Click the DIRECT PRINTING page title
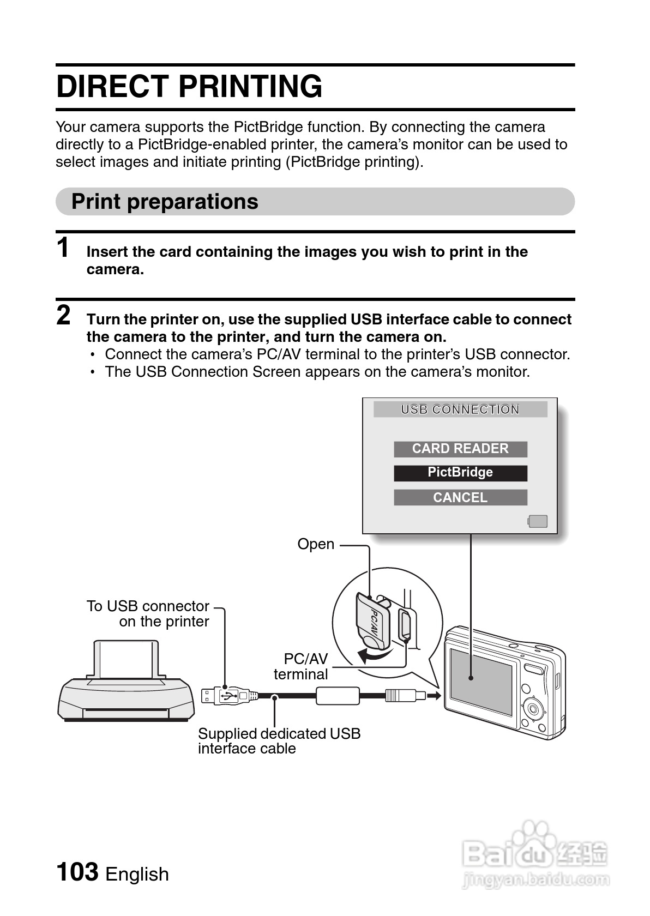[189, 87]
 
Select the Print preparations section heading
[165, 202]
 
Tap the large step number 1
[64, 248]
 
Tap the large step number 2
[64, 316]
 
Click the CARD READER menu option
[460, 449]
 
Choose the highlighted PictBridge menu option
[460, 473]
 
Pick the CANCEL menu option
[460, 497]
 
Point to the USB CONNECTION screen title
[460, 409]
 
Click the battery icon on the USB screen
[538, 521]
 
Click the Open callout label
[316, 544]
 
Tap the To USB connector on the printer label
[148, 614]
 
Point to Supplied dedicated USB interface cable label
[279, 741]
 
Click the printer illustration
[127, 687]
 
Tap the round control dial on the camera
[533, 709]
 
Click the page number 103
[77, 872]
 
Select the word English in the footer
[137, 875]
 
